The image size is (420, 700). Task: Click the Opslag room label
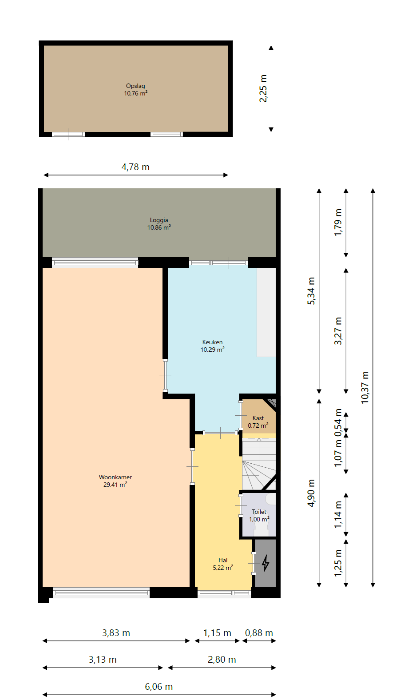(135, 86)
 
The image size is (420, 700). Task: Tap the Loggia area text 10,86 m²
(159, 227)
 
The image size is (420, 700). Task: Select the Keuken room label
(212, 342)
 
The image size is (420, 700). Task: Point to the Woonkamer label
(115, 477)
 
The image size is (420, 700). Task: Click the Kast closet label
(258, 418)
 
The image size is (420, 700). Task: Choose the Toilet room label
(259, 512)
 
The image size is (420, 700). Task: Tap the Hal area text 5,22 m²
(223, 568)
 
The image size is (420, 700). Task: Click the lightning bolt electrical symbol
(265, 563)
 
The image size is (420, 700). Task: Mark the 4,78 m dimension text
(135, 167)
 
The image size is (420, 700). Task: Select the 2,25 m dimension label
(263, 88)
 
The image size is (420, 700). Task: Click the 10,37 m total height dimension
(365, 387)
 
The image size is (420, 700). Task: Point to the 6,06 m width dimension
(158, 686)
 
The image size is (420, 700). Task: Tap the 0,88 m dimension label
(259, 633)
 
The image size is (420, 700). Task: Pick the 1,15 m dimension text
(217, 633)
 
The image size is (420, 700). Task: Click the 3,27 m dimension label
(338, 331)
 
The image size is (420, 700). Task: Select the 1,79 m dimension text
(338, 223)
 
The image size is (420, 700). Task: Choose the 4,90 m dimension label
(311, 493)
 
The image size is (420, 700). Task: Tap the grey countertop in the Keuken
(266, 312)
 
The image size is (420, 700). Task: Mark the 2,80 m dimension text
(222, 660)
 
